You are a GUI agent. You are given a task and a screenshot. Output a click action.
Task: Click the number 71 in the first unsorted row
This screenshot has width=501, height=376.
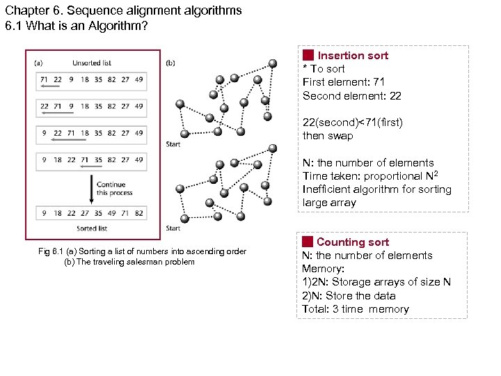click(x=44, y=79)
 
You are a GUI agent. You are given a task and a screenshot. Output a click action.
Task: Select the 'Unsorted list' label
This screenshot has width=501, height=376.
click(x=91, y=63)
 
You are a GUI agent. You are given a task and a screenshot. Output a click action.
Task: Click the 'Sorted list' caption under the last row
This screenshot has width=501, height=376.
click(x=91, y=228)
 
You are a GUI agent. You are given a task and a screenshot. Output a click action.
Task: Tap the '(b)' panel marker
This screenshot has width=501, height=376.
click(x=170, y=63)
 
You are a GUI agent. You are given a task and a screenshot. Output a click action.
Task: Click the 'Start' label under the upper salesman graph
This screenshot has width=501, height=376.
click(x=173, y=145)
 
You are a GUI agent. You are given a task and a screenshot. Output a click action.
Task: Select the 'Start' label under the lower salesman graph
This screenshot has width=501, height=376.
click(x=173, y=228)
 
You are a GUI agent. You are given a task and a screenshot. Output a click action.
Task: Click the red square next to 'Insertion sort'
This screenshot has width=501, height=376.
click(x=308, y=55)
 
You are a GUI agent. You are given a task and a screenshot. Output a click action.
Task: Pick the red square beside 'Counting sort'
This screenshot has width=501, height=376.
click(x=308, y=242)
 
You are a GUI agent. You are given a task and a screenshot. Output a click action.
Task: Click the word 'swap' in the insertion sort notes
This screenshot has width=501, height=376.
click(x=340, y=136)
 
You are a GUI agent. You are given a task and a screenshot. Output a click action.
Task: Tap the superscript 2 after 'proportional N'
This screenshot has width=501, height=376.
click(x=438, y=173)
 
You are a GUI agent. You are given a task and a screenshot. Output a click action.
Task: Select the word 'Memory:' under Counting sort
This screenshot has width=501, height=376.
click(x=323, y=269)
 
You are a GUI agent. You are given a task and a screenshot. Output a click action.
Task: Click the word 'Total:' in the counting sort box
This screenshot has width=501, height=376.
click(x=316, y=309)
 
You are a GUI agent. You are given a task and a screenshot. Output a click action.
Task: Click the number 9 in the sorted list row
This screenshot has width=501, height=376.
click(x=44, y=213)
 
